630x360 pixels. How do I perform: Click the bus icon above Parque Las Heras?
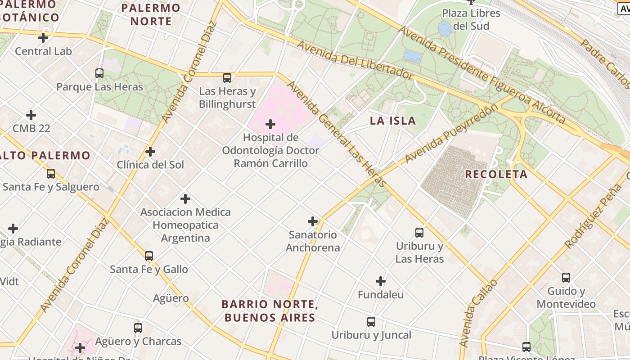pos(99,73)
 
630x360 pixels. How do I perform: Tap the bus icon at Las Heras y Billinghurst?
pos(227,77)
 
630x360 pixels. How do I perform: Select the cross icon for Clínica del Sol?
pos(150,152)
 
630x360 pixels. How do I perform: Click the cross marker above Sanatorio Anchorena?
pos(313,221)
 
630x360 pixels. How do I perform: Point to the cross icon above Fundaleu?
pos(381,282)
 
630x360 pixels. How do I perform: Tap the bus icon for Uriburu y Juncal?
pos(371,322)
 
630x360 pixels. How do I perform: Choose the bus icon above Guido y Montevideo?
pos(566,278)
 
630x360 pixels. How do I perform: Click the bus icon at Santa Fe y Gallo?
pos(149,256)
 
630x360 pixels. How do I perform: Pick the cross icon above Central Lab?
pos(43,38)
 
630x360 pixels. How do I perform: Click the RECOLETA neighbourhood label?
pos(496,174)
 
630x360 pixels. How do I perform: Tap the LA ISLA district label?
pos(393,121)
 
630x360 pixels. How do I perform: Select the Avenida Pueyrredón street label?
pos(451,134)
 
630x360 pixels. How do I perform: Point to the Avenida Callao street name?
pos(478,313)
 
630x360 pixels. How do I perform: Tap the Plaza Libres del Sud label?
pos(471,19)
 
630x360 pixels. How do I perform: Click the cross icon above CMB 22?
pos(31,115)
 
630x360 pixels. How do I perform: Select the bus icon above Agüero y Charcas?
pos(138,328)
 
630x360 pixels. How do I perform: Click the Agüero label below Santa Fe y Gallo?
pos(171,298)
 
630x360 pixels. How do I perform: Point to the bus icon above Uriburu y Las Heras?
pos(419,233)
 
